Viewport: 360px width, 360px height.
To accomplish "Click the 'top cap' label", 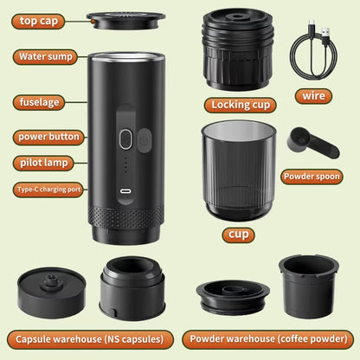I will pos(40,20).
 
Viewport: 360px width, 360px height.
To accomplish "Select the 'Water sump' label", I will pos(50,57).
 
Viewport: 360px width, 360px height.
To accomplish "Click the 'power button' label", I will pos(49,137).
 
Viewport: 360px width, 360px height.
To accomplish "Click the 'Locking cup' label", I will pos(238,106).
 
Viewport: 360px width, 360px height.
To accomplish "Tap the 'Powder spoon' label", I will pos(317,177).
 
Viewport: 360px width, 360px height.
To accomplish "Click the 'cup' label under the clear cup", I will pos(238,235).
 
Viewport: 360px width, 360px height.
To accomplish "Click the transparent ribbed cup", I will pos(238,170).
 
